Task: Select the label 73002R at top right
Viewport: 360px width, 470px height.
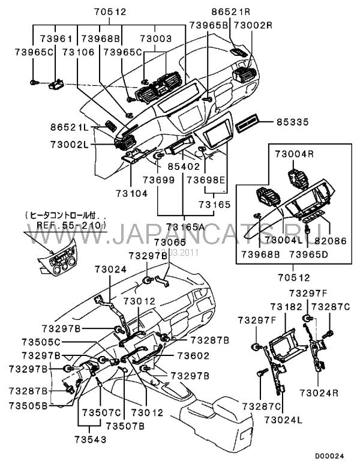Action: click(253, 25)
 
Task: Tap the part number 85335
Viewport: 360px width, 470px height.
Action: click(292, 122)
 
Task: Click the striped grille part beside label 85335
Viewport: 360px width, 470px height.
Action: click(248, 124)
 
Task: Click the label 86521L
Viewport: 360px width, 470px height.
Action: click(69, 128)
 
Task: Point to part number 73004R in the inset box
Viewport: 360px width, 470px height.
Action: click(294, 154)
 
